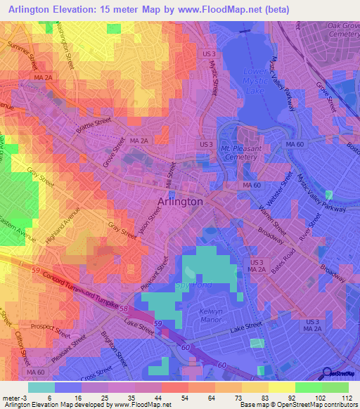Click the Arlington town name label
point(178,201)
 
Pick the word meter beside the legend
point(12,397)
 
